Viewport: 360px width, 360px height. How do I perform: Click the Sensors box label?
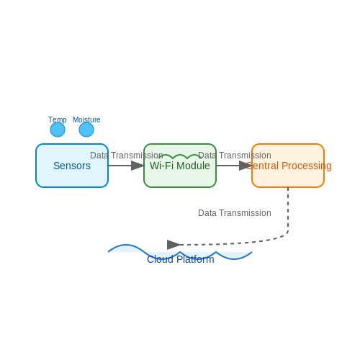[x=72, y=166]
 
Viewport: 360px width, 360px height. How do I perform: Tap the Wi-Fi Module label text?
[x=180, y=166]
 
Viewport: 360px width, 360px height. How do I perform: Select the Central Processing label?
[x=289, y=166]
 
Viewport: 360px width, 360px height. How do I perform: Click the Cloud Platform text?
[x=181, y=259]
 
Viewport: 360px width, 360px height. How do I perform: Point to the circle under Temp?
[x=58, y=130]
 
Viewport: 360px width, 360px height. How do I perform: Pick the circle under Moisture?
[x=86, y=130]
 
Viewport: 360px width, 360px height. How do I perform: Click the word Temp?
[x=58, y=120]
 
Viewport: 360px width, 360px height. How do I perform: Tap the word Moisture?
[x=86, y=120]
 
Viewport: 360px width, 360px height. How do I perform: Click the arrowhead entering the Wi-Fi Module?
[x=138, y=166]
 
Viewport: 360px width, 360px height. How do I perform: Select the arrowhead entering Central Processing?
[x=246, y=166]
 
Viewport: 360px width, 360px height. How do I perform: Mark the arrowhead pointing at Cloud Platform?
[x=174, y=245]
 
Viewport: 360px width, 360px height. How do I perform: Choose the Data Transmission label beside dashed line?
[x=235, y=213]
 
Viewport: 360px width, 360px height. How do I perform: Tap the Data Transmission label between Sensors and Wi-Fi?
[x=127, y=156]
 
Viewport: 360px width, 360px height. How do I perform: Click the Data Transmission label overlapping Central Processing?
[x=235, y=156]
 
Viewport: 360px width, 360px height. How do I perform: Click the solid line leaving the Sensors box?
[x=120, y=166]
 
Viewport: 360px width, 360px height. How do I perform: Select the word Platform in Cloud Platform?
[x=195, y=259]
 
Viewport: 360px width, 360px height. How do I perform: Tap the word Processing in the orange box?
[x=307, y=166]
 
